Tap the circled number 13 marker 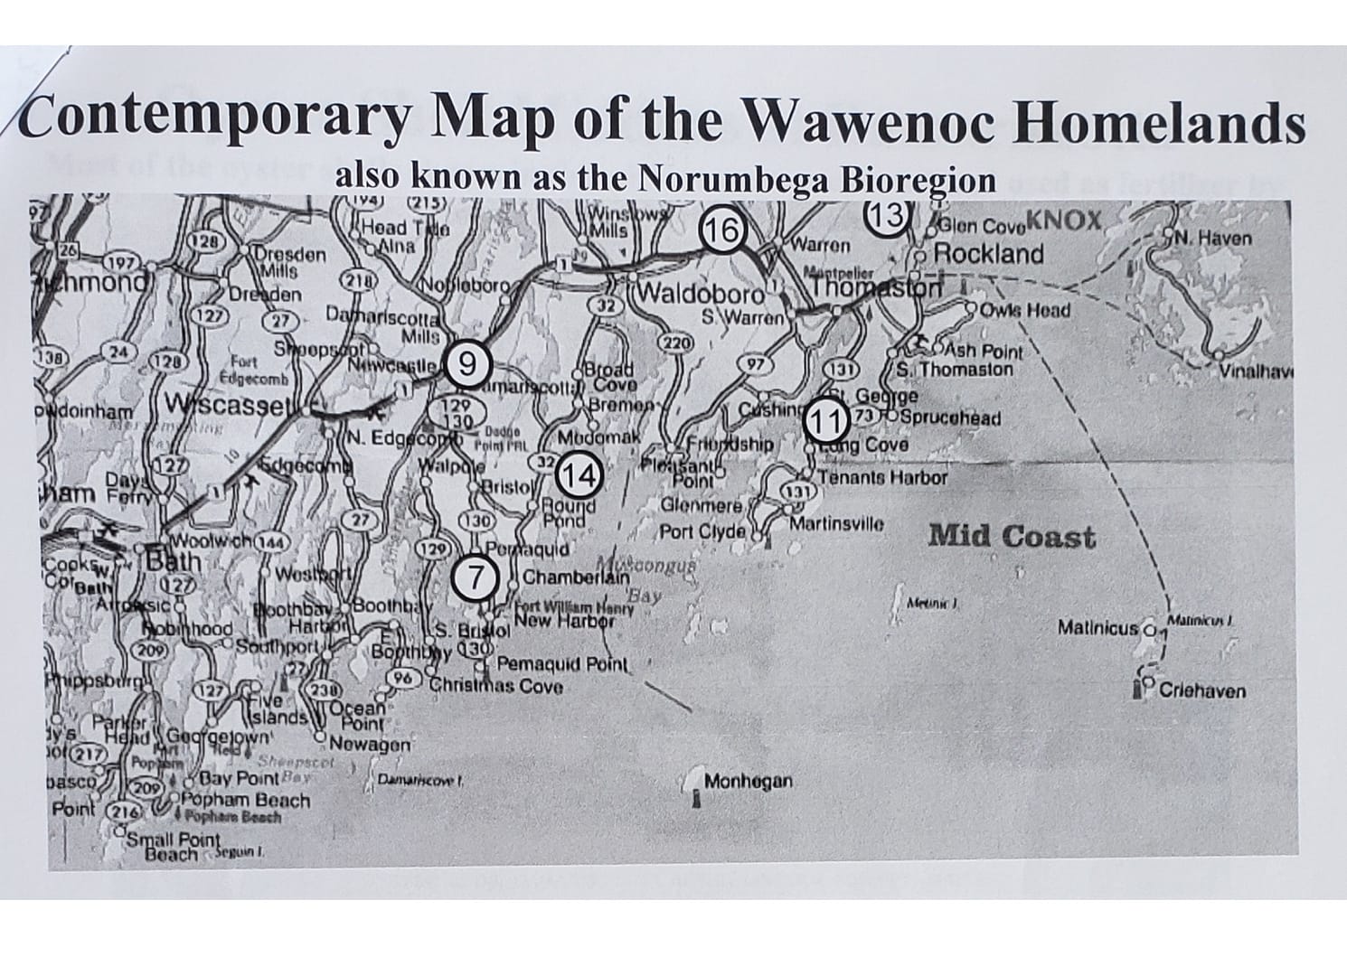click(x=887, y=215)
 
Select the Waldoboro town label click(x=702, y=296)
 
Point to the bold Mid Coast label click(x=1012, y=537)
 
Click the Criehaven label click(x=1201, y=691)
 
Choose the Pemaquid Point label click(x=561, y=665)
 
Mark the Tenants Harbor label click(x=883, y=478)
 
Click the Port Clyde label click(x=702, y=531)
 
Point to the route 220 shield click(x=676, y=343)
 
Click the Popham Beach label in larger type click(x=245, y=800)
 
